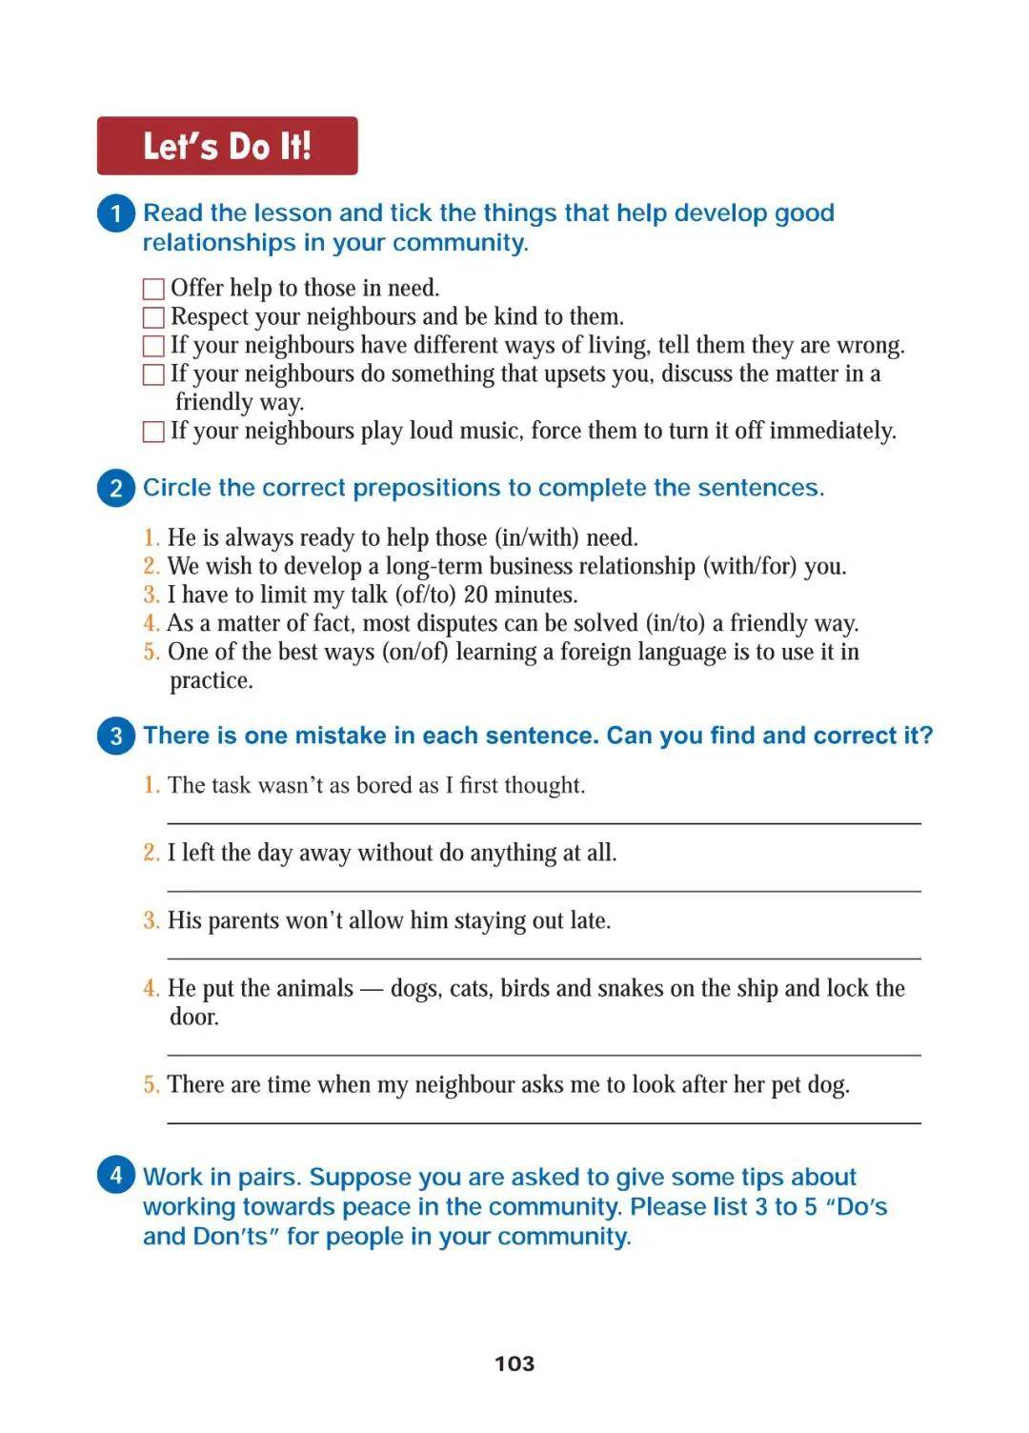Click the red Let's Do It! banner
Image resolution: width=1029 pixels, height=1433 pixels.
[227, 146]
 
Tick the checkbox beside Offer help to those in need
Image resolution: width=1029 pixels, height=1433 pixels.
[153, 289]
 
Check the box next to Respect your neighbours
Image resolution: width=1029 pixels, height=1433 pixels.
[153, 317]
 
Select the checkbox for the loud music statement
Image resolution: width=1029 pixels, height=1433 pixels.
[153, 432]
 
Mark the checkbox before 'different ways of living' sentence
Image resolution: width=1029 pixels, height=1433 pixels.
[153, 346]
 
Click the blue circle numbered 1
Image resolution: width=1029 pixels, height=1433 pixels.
[116, 212]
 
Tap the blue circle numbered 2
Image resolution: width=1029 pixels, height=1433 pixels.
[116, 488]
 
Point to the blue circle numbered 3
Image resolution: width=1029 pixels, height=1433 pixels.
[116, 736]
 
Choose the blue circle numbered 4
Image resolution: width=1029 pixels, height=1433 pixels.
[116, 1174]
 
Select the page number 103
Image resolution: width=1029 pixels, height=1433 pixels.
[514, 1363]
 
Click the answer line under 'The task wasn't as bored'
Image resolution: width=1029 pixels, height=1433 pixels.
[544, 822]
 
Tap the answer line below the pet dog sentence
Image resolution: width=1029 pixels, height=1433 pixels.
[544, 1123]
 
